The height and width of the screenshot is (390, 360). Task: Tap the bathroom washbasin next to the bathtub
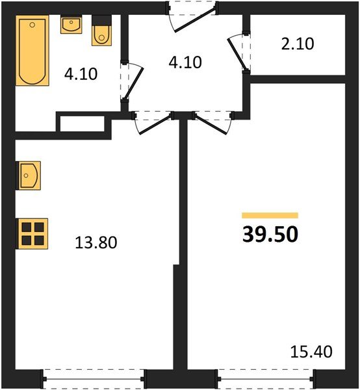click(71, 25)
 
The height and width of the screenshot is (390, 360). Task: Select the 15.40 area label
click(311, 352)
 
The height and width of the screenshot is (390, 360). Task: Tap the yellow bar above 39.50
click(270, 215)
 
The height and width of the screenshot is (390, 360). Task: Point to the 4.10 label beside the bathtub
click(81, 73)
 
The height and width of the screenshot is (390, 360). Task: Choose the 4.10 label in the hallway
click(185, 62)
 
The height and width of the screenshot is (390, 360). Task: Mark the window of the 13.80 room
click(94, 376)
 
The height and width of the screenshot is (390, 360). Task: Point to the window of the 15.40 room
click(266, 376)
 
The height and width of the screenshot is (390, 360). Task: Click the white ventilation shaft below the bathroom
click(81, 123)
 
